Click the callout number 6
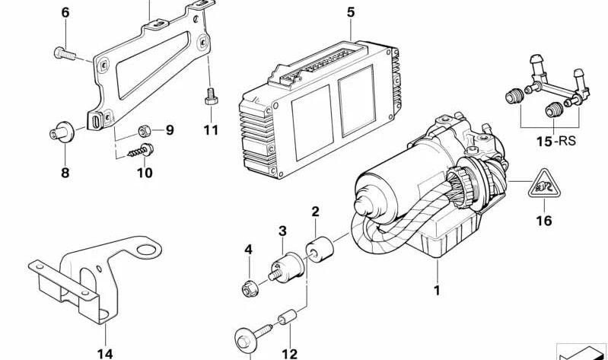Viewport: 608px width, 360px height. tap(65, 12)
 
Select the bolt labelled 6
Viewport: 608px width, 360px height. tap(65, 53)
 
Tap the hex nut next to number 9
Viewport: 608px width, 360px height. tap(145, 132)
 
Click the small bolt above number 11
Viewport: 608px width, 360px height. tap(211, 97)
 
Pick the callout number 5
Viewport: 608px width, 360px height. tap(351, 12)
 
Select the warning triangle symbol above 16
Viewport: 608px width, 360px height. tap(544, 184)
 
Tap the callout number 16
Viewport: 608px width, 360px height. tap(543, 221)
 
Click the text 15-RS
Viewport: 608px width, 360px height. tap(556, 142)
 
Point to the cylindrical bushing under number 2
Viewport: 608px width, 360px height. tap(320, 250)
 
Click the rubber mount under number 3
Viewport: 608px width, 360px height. tap(286, 268)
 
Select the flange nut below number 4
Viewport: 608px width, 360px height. tap(250, 289)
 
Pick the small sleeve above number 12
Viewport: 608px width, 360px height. tap(288, 317)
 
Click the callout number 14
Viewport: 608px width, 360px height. tap(105, 353)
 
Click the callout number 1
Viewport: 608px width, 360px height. tap(437, 290)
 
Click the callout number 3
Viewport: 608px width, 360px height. tap(282, 231)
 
